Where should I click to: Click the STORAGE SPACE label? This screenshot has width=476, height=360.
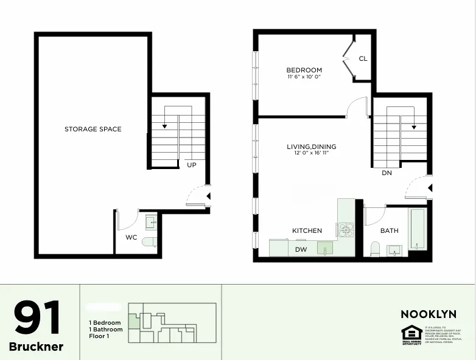tap(93, 129)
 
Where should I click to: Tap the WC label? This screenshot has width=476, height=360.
tap(131, 237)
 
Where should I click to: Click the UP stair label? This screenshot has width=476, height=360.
tap(192, 165)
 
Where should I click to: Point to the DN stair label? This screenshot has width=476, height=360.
tap(387, 173)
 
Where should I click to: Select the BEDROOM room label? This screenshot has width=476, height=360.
tap(304, 70)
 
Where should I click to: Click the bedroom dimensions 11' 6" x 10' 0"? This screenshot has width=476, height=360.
tap(304, 77)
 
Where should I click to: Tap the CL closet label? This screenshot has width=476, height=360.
tap(363, 59)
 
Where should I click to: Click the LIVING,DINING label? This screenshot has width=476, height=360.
tap(312, 147)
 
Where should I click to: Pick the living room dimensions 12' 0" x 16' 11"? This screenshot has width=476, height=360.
tap(312, 153)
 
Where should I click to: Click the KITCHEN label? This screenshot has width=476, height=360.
tap(307, 231)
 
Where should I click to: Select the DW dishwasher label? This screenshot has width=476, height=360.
tap(301, 249)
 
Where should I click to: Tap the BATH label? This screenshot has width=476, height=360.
tap(390, 231)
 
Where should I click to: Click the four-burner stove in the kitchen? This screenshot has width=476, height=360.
tap(346, 229)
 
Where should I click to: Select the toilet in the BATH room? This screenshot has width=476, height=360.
tap(375, 249)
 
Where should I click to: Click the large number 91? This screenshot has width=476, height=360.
tap(38, 318)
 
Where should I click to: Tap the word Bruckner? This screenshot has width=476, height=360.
tap(37, 347)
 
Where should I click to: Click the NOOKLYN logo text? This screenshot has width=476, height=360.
tap(429, 314)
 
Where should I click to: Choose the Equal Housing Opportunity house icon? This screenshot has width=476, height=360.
tap(411, 333)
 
